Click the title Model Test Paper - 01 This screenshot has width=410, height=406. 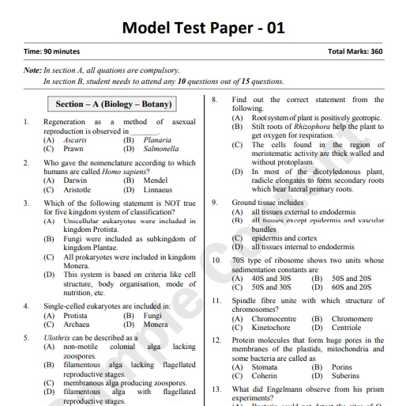tap(203, 28)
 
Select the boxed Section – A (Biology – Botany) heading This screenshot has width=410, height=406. tap(114, 104)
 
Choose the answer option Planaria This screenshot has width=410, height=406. tap(159, 140)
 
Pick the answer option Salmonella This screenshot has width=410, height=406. tap(161, 149)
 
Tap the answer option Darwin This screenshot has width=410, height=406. tap(75, 180)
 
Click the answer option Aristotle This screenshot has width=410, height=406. tap(77, 190)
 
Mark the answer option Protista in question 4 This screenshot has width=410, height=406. tap(76, 315)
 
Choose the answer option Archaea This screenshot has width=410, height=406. tap(77, 324)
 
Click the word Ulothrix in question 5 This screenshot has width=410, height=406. tap(58, 337)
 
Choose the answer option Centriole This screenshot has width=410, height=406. tap(347, 328)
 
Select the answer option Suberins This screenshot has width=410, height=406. tap(346, 376)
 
